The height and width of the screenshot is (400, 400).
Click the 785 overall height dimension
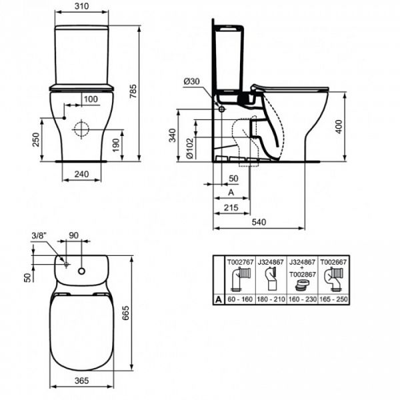pyautogui.click(x=133, y=91)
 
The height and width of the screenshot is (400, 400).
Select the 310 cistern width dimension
pyautogui.click(x=81, y=6)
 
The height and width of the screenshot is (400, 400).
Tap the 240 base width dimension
pyautogui.click(x=81, y=174)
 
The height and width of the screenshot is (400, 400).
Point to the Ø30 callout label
pyautogui.click(x=191, y=81)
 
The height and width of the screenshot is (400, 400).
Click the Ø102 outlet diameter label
pyautogui.click(x=190, y=148)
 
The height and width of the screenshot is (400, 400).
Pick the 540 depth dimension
pyautogui.click(x=259, y=222)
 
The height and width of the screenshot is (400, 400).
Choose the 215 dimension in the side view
pyautogui.click(x=231, y=207)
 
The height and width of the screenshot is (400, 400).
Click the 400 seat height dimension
pyautogui.click(x=339, y=126)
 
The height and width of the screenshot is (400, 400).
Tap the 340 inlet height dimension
pyautogui.click(x=173, y=135)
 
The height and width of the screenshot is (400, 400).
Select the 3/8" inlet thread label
pyautogui.click(x=39, y=235)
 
